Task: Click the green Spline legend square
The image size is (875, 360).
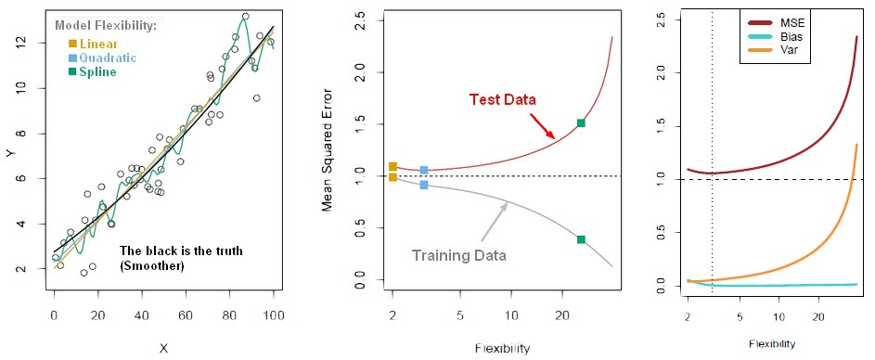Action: pos(72,71)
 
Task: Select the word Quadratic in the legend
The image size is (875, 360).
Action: pos(108,58)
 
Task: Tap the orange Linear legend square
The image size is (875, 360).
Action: pos(72,44)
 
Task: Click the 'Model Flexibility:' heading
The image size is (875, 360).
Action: pos(106,25)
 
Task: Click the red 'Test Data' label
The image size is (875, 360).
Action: pos(502,98)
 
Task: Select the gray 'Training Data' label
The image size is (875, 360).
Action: pos(458,252)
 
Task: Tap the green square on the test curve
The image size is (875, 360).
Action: pos(581,122)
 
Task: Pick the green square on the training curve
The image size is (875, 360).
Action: pos(581,239)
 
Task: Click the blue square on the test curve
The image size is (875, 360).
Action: pos(424,170)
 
